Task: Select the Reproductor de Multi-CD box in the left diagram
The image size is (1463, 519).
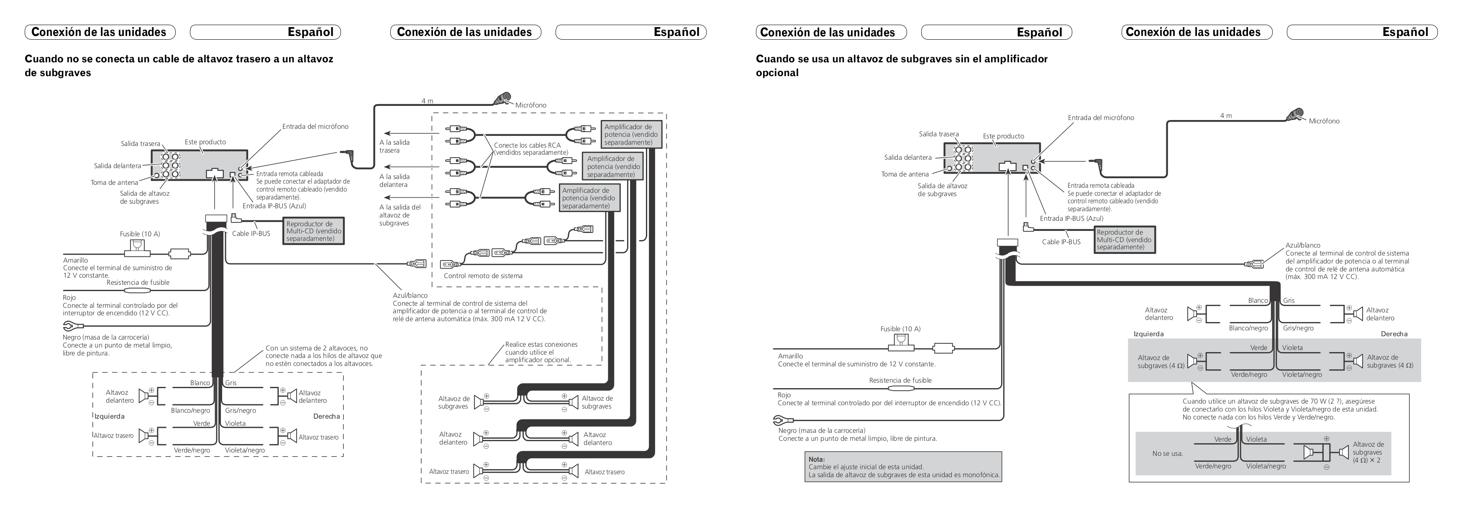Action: click(314, 231)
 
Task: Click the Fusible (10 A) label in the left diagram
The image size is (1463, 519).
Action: click(140, 234)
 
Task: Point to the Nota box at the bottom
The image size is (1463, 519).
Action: click(902, 467)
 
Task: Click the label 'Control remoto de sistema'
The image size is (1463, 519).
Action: click(483, 276)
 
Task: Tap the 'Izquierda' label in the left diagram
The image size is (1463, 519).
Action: click(109, 416)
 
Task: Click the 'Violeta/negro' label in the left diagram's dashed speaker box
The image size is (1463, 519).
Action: click(244, 450)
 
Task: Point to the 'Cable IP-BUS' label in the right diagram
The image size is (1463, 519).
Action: click(1061, 242)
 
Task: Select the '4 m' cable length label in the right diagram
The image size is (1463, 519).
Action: click(1226, 116)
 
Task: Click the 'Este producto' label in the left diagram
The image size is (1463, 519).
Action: click(205, 142)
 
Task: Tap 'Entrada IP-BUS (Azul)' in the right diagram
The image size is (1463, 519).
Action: click(1071, 219)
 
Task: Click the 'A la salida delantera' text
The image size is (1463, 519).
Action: click(394, 181)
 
